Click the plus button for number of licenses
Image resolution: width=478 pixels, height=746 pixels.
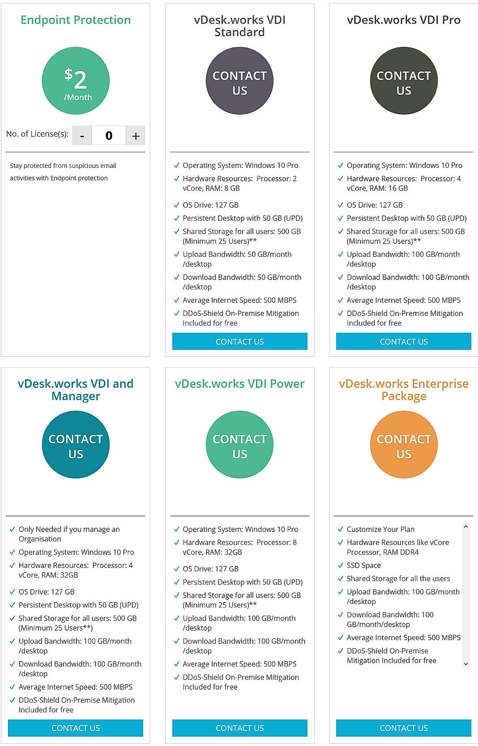(x=136, y=136)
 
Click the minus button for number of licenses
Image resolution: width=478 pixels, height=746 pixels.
(x=82, y=136)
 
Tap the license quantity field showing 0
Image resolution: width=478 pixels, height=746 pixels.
(x=109, y=136)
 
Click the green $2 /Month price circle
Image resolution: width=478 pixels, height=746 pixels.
(x=75, y=81)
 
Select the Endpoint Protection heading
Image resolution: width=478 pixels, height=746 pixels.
(x=75, y=20)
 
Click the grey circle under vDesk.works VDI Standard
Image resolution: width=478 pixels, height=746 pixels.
(x=239, y=81)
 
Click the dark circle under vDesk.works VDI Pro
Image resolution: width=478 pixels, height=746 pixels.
(x=403, y=81)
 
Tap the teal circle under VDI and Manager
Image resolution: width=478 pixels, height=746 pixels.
(x=75, y=444)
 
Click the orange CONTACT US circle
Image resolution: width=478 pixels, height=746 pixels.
(x=403, y=444)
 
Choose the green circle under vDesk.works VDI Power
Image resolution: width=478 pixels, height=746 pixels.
(x=239, y=444)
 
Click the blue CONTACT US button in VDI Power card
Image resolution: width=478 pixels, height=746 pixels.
(x=239, y=728)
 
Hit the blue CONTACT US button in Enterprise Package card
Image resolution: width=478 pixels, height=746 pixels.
(x=403, y=728)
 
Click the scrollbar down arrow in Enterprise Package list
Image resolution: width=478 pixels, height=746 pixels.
(x=466, y=664)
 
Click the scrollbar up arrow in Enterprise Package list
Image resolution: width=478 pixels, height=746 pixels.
(x=466, y=527)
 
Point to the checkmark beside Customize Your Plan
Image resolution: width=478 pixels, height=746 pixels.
(x=340, y=529)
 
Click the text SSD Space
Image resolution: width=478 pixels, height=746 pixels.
(x=364, y=565)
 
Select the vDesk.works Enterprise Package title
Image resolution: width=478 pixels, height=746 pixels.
(x=403, y=390)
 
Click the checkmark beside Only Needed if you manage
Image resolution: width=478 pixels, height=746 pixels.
(x=13, y=529)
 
